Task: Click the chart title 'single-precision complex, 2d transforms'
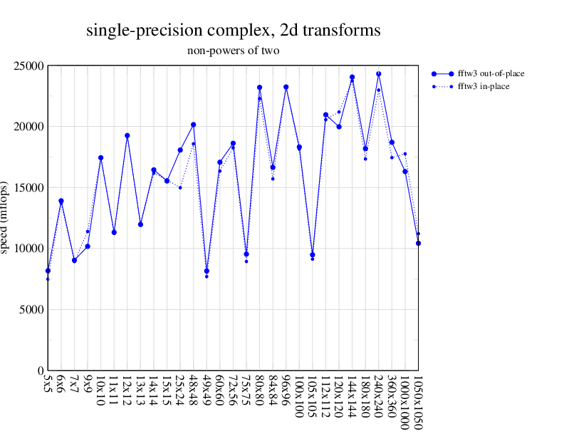(233, 31)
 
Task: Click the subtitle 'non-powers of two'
(233, 51)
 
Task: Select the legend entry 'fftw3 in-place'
(483, 86)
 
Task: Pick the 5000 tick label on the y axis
(31, 310)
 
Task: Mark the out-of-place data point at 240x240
(378, 74)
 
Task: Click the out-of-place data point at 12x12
(127, 135)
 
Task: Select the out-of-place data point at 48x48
(193, 125)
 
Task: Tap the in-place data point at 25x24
(180, 187)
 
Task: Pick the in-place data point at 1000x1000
(404, 154)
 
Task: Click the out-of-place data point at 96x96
(286, 87)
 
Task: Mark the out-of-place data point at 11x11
(114, 232)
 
